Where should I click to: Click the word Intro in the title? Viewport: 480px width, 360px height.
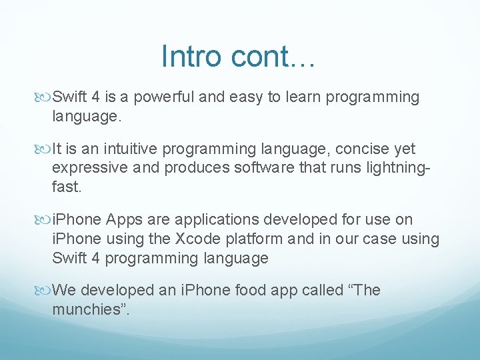(x=191, y=56)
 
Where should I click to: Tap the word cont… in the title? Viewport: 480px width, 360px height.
(x=274, y=56)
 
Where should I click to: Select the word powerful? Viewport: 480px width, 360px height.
(x=165, y=97)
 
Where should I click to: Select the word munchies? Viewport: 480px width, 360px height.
(x=83, y=309)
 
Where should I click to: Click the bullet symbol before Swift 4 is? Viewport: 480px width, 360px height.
(x=45, y=98)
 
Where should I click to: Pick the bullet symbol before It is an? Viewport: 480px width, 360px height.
(x=45, y=149)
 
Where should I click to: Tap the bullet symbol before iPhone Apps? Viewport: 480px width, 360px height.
(x=45, y=220)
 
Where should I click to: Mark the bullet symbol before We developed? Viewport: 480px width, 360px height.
(x=45, y=291)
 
